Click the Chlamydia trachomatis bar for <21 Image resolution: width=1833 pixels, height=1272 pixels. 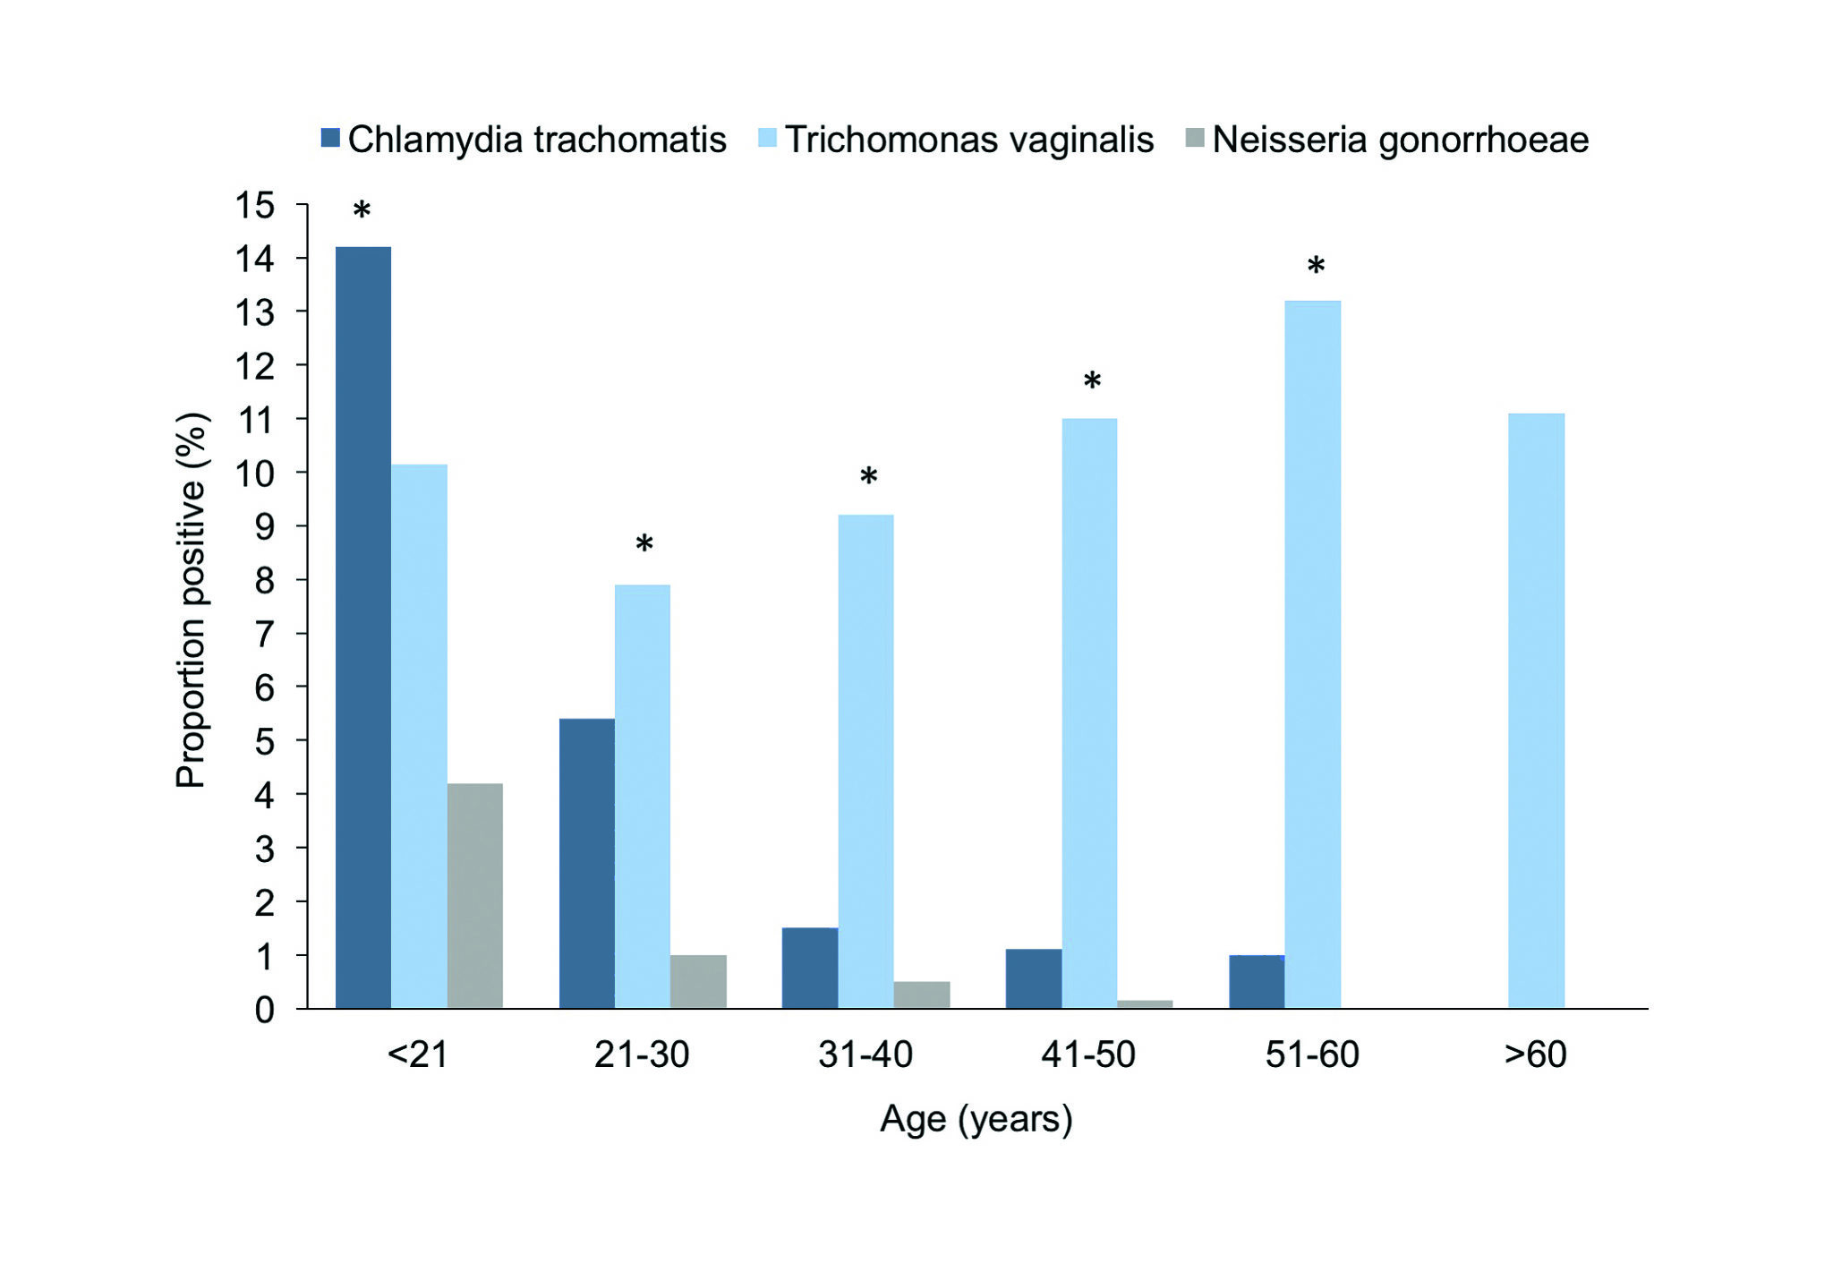click(x=362, y=627)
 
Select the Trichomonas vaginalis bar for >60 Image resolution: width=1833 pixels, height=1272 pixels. click(x=1536, y=711)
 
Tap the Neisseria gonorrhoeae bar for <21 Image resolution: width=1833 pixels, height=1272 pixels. click(x=474, y=895)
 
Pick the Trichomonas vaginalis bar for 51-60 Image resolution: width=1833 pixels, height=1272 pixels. click(x=1312, y=654)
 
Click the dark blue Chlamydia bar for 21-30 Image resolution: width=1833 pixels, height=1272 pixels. click(x=586, y=863)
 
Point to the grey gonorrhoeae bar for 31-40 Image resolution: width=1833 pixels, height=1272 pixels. click(x=922, y=995)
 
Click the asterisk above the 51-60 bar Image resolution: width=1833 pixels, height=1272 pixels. click(x=1315, y=266)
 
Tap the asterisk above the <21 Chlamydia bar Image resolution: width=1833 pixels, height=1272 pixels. click(x=362, y=211)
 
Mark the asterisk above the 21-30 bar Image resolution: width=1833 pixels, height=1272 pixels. click(x=644, y=543)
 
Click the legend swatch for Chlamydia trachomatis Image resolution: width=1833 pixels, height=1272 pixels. click(x=330, y=139)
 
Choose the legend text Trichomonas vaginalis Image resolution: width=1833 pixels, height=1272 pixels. click(x=969, y=140)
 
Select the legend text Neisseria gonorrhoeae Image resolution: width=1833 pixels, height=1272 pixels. click(x=1400, y=140)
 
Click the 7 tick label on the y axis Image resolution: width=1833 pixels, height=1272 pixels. click(x=264, y=634)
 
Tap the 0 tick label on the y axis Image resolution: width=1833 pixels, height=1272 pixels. click(x=264, y=1010)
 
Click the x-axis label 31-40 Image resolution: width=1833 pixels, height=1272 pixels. click(x=865, y=1054)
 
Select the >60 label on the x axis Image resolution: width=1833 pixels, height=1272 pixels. click(x=1536, y=1054)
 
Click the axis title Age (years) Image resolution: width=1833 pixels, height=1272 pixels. click(x=976, y=1119)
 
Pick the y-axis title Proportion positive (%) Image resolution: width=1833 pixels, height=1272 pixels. click(x=191, y=600)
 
